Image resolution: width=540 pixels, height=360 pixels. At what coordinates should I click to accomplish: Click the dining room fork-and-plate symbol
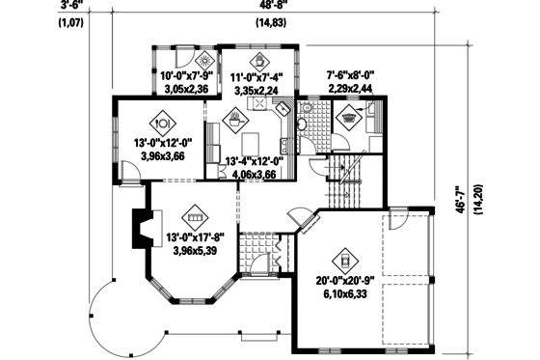[162, 124]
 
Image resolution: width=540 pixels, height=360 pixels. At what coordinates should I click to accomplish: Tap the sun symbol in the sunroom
[187, 61]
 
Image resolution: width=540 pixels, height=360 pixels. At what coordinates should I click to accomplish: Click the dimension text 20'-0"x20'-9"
[345, 283]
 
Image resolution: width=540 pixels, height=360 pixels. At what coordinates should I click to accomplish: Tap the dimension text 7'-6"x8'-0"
[352, 73]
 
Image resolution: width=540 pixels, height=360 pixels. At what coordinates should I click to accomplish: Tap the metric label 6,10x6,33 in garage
[345, 295]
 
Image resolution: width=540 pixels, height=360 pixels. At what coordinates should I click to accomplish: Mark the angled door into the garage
[308, 223]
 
